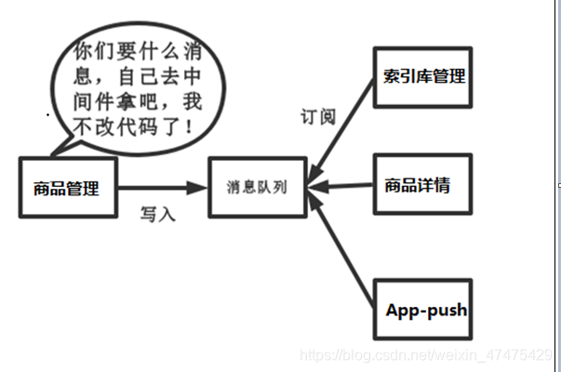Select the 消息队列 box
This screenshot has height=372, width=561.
tap(256, 187)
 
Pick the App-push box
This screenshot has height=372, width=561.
tap(425, 309)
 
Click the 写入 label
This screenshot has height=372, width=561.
tap(157, 215)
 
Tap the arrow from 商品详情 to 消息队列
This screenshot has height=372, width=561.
tap(340, 187)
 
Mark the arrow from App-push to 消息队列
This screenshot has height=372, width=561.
tap(343, 246)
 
